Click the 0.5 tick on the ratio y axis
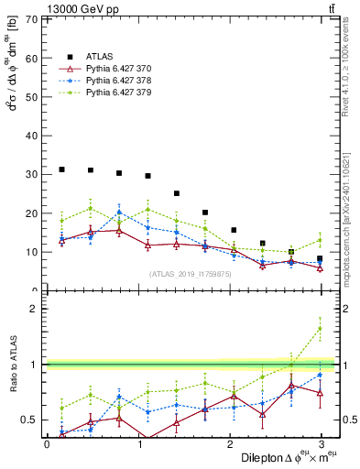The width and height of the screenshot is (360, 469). click(x=28, y=420)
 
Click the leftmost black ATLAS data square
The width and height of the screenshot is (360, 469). click(x=61, y=169)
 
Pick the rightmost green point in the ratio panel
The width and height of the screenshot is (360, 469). click(x=320, y=329)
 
